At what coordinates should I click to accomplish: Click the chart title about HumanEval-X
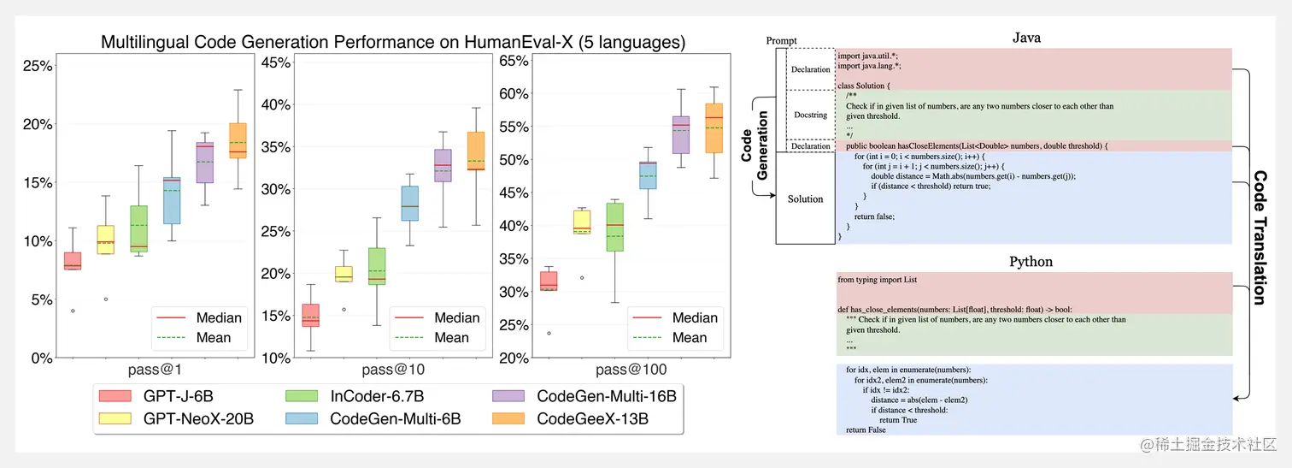tap(393, 41)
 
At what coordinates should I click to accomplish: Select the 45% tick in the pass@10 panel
tap(276, 62)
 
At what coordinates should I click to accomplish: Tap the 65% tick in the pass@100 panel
tap(514, 61)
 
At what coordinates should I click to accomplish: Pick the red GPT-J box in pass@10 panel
tap(311, 315)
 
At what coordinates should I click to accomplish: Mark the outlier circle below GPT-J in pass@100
tap(549, 334)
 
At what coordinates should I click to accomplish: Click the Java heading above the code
tap(1026, 38)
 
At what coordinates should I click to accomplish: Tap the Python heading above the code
tap(1031, 261)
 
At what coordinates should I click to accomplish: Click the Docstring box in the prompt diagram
tap(810, 115)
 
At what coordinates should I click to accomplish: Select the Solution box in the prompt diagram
tap(805, 198)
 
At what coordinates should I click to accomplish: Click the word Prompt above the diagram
tap(781, 40)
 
